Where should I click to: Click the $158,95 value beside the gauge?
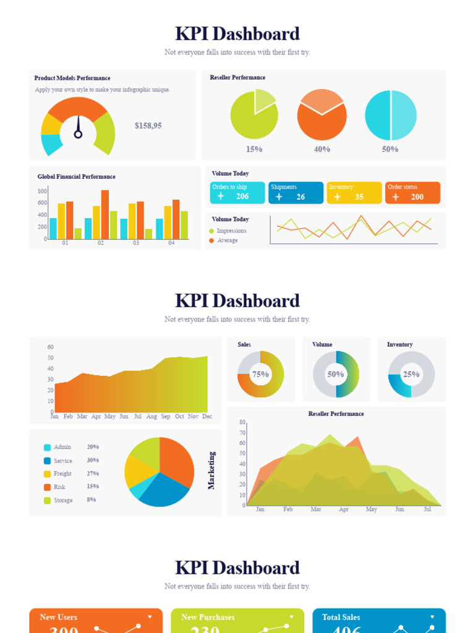[148, 125]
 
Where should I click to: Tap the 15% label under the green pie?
[254, 149]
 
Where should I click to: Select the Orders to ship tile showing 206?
[237, 193]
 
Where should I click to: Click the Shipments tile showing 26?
[296, 193]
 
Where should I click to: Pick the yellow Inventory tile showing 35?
[354, 193]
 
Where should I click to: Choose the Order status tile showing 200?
[413, 193]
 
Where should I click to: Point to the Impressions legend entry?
[231, 231]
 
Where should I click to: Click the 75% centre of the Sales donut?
[260, 374]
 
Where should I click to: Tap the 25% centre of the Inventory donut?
[411, 374]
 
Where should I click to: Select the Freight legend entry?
[62, 474]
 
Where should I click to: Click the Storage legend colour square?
[47, 501]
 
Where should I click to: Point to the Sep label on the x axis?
[166, 417]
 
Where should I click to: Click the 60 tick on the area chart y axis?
[50, 347]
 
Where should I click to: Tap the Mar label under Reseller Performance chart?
[316, 509]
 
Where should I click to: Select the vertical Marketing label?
[212, 470]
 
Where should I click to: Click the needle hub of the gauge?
[78, 134]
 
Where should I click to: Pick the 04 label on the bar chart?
[171, 243]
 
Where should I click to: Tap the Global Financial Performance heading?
[76, 177]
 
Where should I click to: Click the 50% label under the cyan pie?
[390, 149]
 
